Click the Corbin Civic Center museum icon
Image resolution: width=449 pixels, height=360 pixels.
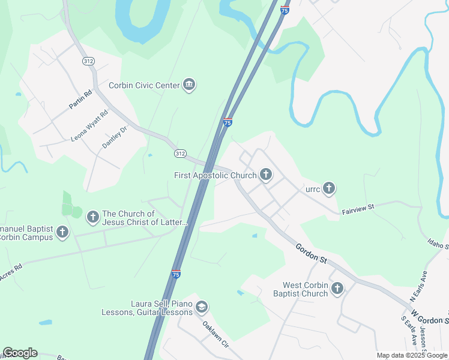(189, 85)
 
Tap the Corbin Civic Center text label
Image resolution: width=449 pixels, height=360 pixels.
(144, 86)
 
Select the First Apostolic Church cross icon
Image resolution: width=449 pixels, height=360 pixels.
(265, 175)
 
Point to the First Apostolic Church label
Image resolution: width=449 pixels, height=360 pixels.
(215, 176)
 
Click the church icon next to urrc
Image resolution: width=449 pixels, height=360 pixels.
(328, 189)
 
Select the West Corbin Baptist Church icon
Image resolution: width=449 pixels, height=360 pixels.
(337, 289)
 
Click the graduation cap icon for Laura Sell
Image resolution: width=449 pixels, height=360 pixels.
(202, 308)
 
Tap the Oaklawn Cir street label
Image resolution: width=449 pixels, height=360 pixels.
(216, 335)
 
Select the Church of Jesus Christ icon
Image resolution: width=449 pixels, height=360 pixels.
(92, 217)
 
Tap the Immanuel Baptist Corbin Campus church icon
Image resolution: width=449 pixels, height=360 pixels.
(62, 232)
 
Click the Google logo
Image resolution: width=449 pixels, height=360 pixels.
(20, 353)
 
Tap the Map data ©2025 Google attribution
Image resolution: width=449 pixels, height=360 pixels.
(412, 355)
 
